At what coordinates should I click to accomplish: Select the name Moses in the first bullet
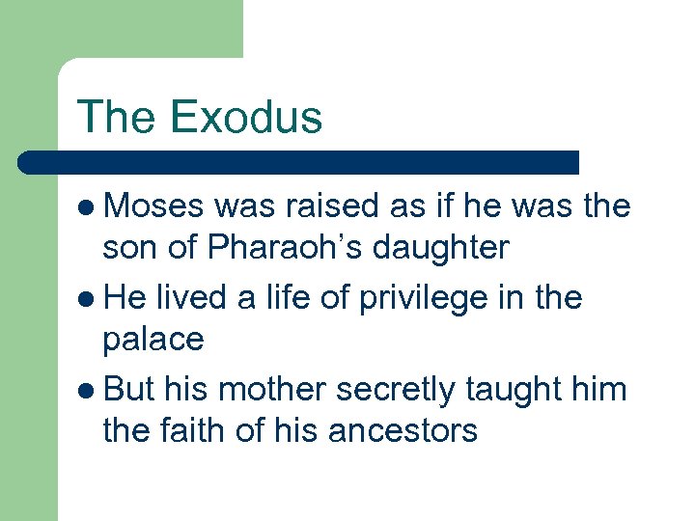[x=154, y=206]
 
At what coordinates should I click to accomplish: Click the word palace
[x=153, y=341]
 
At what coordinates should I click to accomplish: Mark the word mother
[x=275, y=390]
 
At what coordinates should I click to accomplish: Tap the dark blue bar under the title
[x=299, y=161]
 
